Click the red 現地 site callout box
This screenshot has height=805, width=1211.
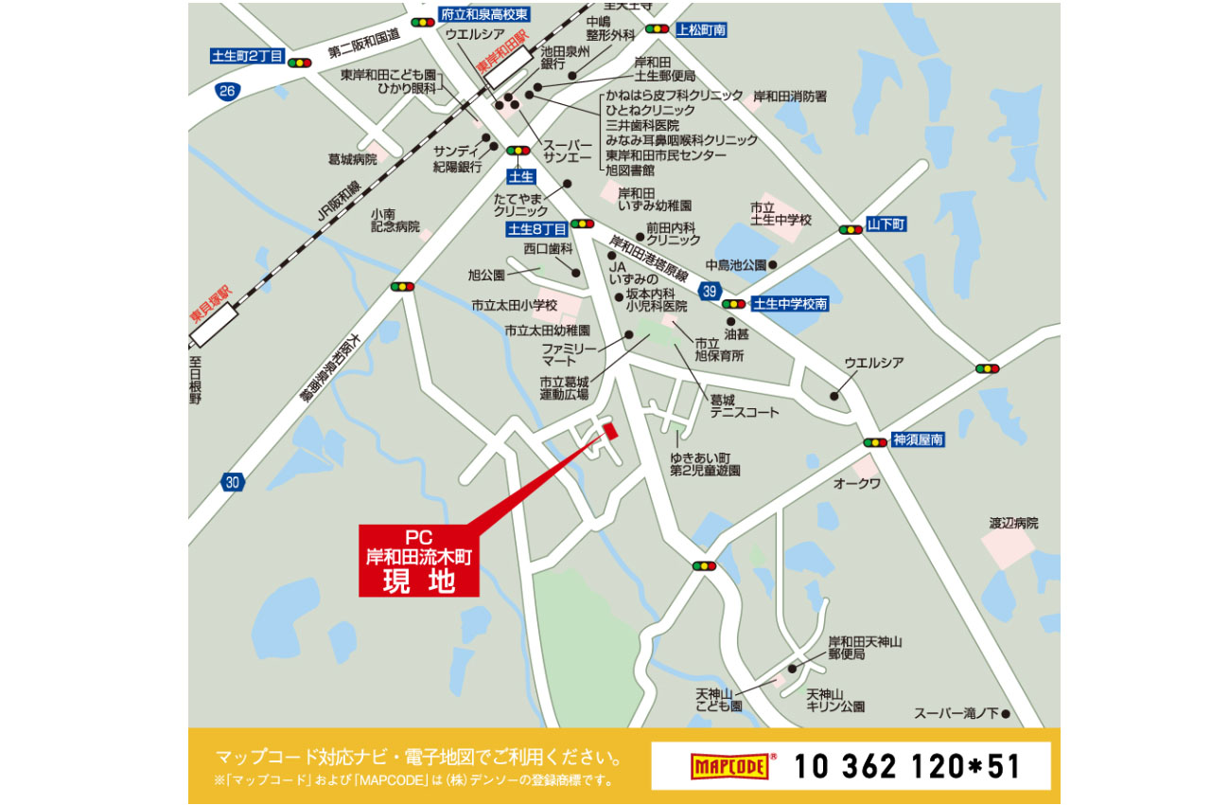click(x=418, y=560)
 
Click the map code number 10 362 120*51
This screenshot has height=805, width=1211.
click(x=907, y=765)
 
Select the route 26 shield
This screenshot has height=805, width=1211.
click(x=226, y=91)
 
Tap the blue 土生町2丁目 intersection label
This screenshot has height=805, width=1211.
click(x=247, y=57)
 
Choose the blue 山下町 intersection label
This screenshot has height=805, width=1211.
click(x=886, y=224)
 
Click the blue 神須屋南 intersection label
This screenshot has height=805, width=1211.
click(x=918, y=439)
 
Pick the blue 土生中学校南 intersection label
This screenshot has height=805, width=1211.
click(x=790, y=304)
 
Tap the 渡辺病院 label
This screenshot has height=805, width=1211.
click(x=1013, y=523)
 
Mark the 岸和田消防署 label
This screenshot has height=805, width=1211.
click(x=790, y=97)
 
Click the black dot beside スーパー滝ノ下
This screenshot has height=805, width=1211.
click(x=1007, y=713)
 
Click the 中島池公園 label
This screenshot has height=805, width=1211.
click(x=735, y=265)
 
